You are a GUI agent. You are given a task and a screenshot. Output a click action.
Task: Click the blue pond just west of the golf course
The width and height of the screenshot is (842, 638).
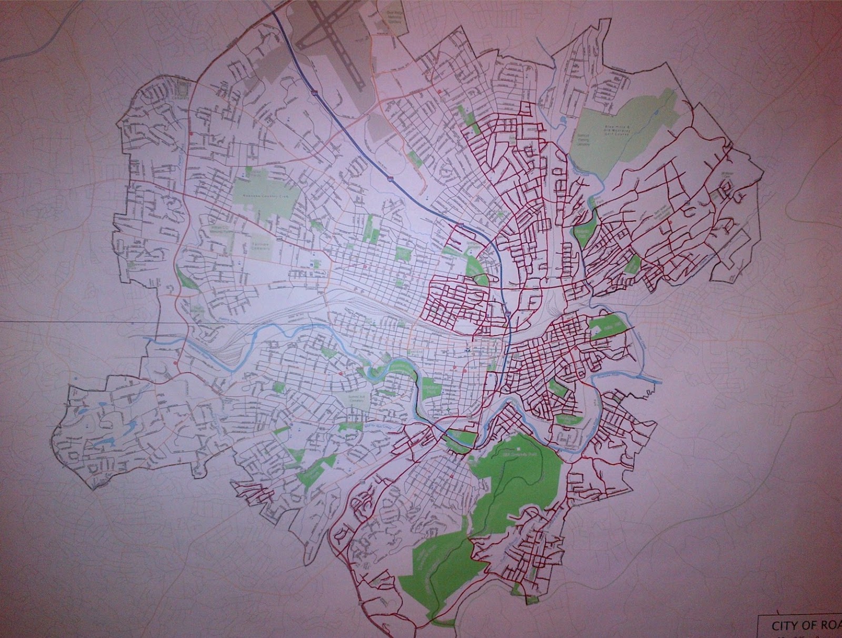(563, 121)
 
